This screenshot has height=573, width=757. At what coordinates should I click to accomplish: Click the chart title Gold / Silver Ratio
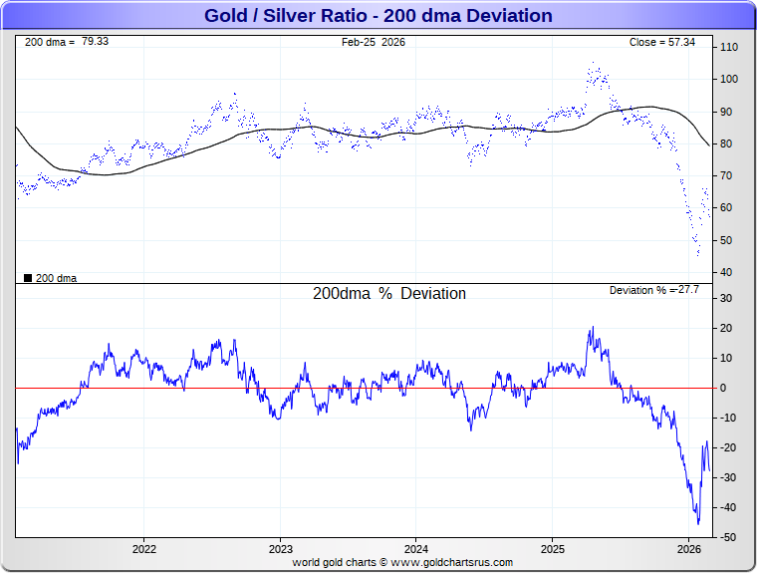click(378, 16)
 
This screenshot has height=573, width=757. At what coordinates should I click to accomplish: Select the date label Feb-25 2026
click(374, 42)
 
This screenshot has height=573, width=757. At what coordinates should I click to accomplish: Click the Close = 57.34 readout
click(662, 42)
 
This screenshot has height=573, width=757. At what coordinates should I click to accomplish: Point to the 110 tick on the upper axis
click(729, 47)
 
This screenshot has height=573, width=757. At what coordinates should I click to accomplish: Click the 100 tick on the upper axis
click(729, 79)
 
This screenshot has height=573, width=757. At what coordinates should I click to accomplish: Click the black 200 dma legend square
click(27, 278)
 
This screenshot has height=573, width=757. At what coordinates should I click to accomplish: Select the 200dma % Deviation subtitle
click(389, 294)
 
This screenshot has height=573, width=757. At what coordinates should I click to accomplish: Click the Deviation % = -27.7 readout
click(654, 289)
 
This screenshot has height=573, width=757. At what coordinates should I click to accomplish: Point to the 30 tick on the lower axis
click(727, 298)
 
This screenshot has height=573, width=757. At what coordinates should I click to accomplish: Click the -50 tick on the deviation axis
click(728, 537)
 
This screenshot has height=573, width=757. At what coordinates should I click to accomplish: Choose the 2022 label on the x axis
click(144, 549)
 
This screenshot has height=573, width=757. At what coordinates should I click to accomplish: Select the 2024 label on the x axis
click(416, 549)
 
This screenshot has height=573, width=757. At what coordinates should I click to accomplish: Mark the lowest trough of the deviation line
click(698, 522)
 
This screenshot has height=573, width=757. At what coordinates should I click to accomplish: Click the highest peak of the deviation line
click(592, 327)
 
